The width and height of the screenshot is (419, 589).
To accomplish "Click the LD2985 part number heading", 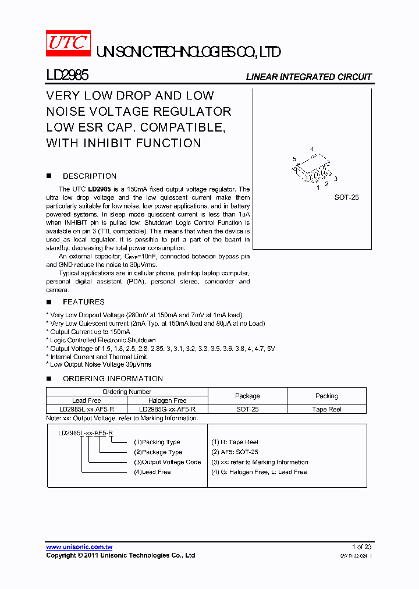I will click(x=67, y=76).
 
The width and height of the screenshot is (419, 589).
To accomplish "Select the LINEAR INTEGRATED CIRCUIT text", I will click(x=308, y=77).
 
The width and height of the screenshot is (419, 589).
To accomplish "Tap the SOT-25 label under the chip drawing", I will click(x=346, y=197).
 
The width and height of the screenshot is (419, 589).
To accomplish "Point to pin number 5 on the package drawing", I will click(x=294, y=159).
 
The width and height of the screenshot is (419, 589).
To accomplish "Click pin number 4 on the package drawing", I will click(x=312, y=150).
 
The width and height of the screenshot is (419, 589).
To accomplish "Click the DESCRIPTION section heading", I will click(x=89, y=176).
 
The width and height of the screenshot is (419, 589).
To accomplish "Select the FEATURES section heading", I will click(x=83, y=301).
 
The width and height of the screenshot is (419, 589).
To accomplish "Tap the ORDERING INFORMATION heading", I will click(x=112, y=378).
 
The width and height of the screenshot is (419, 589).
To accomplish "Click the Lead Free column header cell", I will click(x=86, y=400).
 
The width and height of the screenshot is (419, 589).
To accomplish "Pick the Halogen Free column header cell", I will click(x=167, y=400).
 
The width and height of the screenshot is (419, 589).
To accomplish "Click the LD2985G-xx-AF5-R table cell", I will click(x=167, y=409).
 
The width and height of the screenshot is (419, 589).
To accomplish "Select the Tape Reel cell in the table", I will click(x=326, y=409).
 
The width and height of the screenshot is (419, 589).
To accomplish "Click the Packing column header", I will click(x=326, y=396).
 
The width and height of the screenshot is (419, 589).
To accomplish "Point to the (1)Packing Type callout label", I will click(x=157, y=442).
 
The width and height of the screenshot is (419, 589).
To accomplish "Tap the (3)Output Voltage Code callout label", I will click(x=167, y=462).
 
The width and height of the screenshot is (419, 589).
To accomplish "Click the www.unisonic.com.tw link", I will click(x=79, y=547).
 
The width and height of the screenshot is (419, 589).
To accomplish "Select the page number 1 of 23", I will click(x=361, y=547).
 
